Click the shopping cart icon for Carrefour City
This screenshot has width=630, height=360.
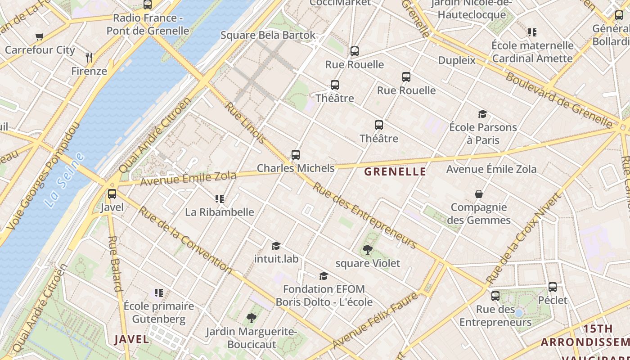(40, 37)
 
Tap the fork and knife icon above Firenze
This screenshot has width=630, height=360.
(89, 57)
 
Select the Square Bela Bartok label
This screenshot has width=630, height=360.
(268, 35)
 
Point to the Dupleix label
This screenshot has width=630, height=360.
(457, 60)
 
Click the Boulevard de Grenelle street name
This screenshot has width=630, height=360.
(558, 99)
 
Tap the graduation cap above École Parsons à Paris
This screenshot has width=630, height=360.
(482, 114)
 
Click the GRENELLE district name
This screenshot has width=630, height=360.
(395, 171)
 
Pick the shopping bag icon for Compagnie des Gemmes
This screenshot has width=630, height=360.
(479, 194)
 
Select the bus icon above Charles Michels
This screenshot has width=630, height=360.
(296, 155)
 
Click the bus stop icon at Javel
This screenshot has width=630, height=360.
(112, 194)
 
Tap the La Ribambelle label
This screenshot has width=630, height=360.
(220, 212)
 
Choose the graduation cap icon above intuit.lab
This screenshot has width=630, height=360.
(276, 246)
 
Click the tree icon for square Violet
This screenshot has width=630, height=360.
(368, 249)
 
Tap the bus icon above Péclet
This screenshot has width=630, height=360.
(553, 287)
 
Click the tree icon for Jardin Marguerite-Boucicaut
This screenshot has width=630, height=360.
(251, 318)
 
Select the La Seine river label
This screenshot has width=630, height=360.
(65, 180)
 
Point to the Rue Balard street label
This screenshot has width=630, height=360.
(115, 263)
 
